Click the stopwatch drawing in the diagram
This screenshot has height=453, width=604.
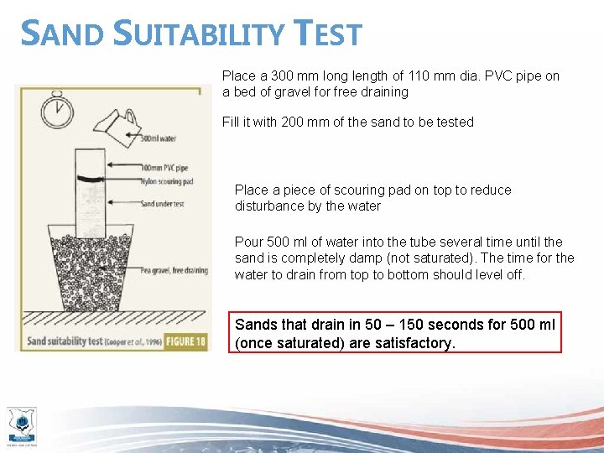(x=56, y=110)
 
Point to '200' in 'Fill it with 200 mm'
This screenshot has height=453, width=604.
(x=293, y=122)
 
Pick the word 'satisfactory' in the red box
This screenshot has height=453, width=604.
(x=414, y=342)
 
